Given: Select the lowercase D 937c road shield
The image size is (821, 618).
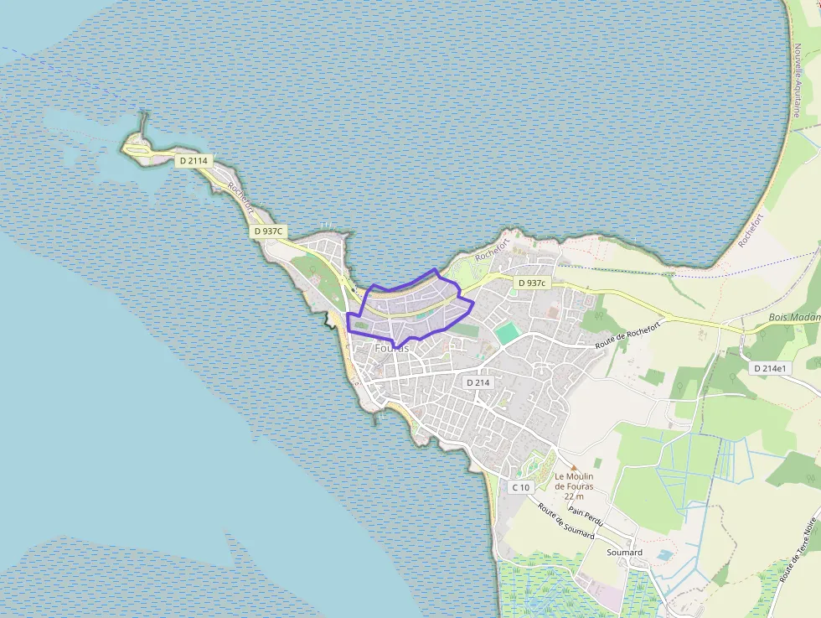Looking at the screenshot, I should coord(532,283).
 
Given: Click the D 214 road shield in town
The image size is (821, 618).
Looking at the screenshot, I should coord(477,382).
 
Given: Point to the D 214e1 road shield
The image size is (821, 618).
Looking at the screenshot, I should coord(770,368).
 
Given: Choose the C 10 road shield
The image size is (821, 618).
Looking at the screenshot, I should coord(520,487).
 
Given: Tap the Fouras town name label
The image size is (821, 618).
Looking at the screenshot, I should coord(391,348).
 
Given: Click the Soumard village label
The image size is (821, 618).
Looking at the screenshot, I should coord(624,553).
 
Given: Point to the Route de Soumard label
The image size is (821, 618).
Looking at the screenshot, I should coord(566,521).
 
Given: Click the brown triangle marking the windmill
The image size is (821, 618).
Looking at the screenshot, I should coord(574,468).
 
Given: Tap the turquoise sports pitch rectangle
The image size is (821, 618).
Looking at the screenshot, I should coord(507,334).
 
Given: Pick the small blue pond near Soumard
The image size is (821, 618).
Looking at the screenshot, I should coord(664,555).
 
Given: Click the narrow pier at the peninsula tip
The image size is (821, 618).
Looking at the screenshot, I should coord(144,126).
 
